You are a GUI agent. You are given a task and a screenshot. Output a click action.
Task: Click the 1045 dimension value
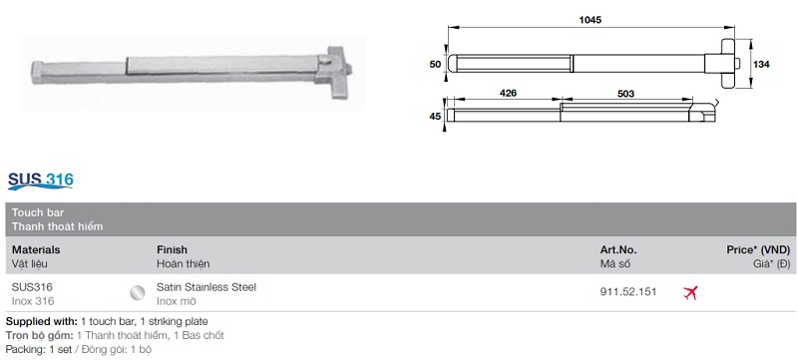[x=590, y=20]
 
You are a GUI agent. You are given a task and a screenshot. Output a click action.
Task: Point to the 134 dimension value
[x=762, y=65]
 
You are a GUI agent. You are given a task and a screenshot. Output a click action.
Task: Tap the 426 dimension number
[x=509, y=93]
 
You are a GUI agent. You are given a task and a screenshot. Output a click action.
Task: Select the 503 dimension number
[x=626, y=94]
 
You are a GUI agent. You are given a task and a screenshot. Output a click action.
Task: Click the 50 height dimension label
[x=435, y=65]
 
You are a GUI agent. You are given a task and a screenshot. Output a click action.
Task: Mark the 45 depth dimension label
[x=435, y=116]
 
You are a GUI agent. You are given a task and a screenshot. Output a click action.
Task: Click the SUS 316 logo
[x=41, y=180]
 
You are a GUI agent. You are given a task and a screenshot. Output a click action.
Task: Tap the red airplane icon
[x=690, y=292]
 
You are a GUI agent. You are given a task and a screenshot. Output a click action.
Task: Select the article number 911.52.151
[x=628, y=292]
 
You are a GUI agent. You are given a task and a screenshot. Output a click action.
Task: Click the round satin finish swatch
[x=137, y=292]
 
